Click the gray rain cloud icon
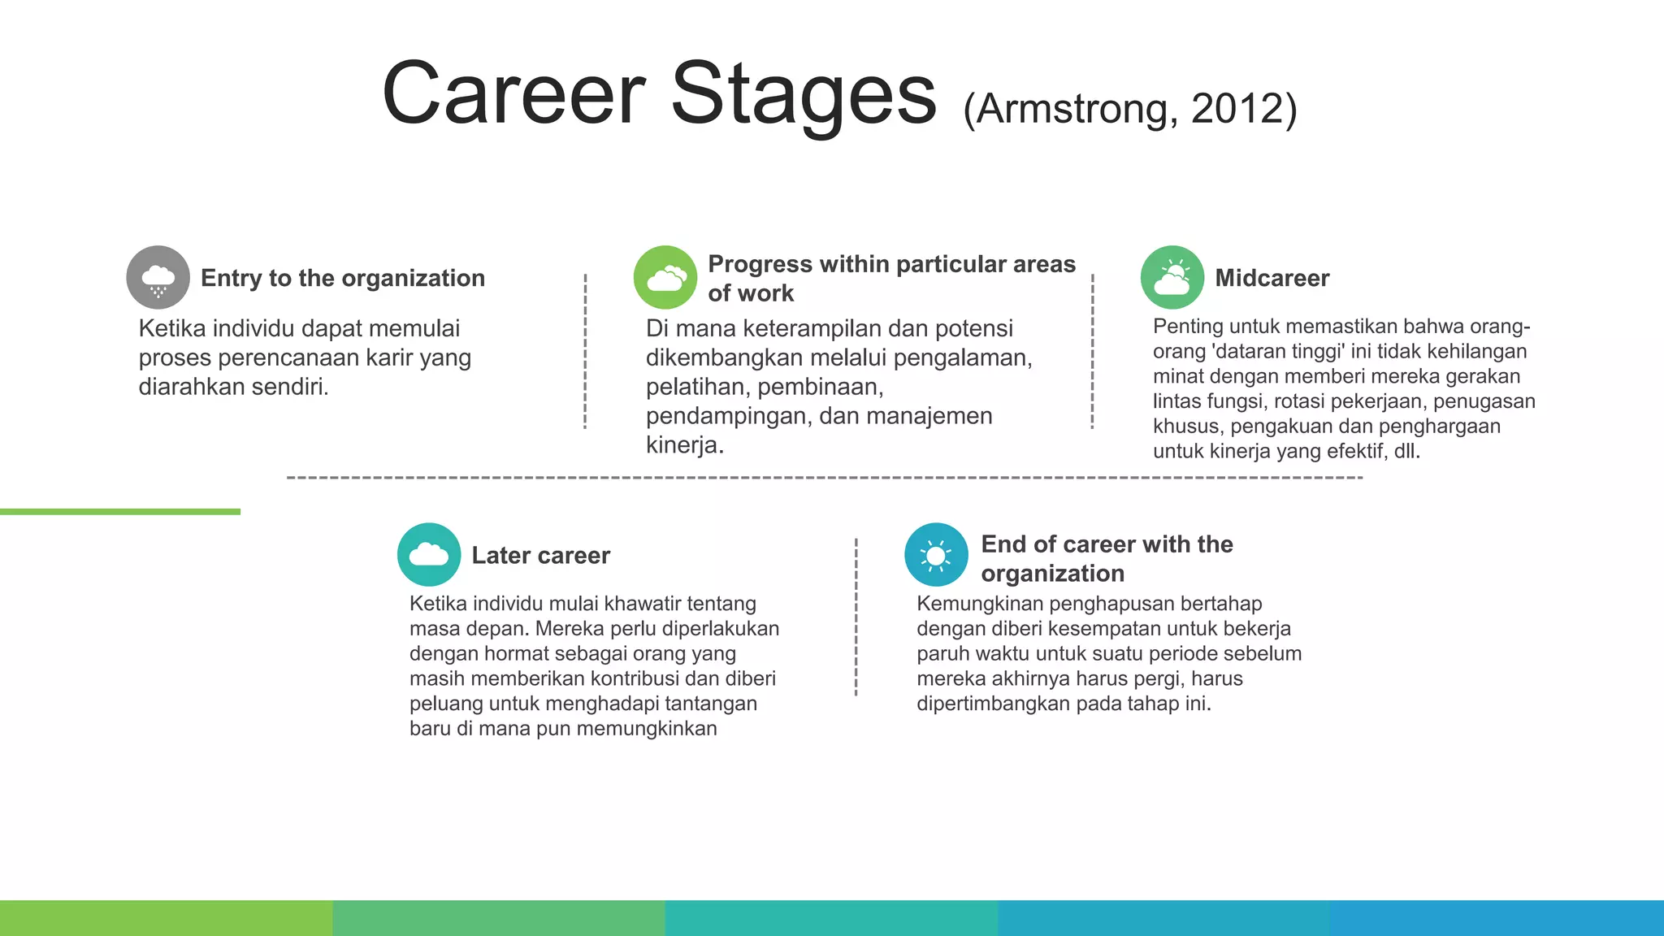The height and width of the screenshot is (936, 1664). pyautogui.click(x=158, y=277)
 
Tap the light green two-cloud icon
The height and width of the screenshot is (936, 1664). pyautogui.click(x=665, y=277)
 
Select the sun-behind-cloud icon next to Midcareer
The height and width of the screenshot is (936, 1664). pyautogui.click(x=1172, y=277)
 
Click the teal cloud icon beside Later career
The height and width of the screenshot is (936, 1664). pyautogui.click(x=429, y=554)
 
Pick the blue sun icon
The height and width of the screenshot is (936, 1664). pyautogui.click(x=936, y=554)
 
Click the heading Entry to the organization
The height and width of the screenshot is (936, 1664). pyautogui.click(x=342, y=278)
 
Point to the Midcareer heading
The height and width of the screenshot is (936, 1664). pyautogui.click(x=1272, y=278)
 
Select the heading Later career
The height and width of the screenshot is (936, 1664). pyautogui.click(x=540, y=555)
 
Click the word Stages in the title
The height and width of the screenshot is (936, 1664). pyautogui.click(x=804, y=93)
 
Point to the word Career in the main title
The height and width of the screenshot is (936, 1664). pyautogui.click(x=513, y=93)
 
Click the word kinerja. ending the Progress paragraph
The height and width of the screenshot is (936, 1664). pyautogui.click(x=684, y=445)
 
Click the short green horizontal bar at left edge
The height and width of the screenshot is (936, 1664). pyautogui.click(x=120, y=511)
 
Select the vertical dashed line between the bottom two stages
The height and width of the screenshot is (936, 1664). pyautogui.click(x=856, y=617)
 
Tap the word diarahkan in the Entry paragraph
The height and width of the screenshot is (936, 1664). pyautogui.click(x=192, y=387)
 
